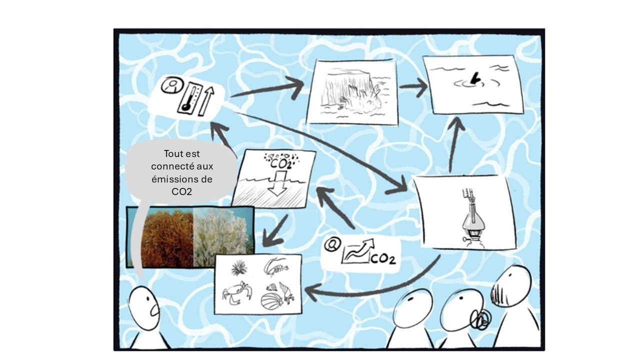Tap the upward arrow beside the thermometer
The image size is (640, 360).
[x=206, y=101]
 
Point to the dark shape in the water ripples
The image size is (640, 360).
[x=474, y=78]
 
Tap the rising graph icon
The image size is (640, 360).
[x=357, y=251]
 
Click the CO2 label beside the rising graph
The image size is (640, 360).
[x=383, y=258]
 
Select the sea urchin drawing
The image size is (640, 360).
[x=239, y=267]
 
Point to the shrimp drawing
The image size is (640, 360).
[x=275, y=267]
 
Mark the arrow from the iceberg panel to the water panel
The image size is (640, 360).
[x=413, y=86]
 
